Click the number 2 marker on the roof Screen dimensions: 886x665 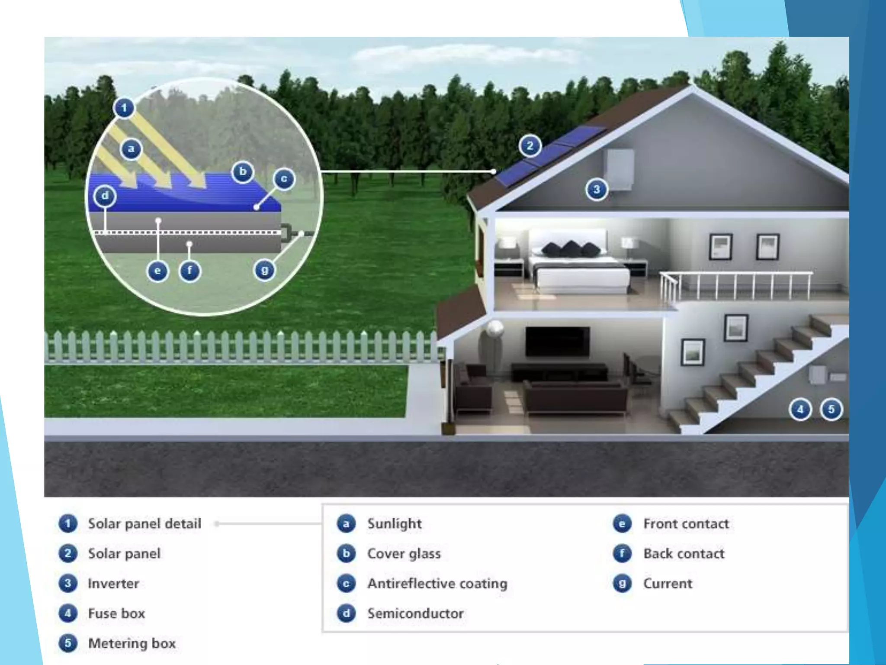coord(530,146)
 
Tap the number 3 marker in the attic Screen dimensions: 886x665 coord(597,189)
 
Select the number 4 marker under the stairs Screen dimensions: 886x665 coord(800,409)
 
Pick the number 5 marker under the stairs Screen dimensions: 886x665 coord(831,409)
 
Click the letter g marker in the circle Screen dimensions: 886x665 coord(264,271)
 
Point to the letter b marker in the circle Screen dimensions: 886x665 coord(243,172)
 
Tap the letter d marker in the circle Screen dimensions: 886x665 coord(105,196)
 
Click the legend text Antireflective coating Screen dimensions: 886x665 coord(437,583)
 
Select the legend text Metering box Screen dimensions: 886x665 coord(132,643)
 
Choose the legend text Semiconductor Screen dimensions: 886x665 coord(415,613)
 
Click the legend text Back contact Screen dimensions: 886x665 coord(684,553)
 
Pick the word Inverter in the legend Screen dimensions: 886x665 coord(113,583)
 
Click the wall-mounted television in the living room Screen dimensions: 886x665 coord(557,341)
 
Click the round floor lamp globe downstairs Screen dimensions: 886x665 coord(494,328)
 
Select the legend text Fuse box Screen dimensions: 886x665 coord(116,613)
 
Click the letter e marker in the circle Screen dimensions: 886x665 coord(157,271)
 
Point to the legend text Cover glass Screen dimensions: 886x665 coord(404,553)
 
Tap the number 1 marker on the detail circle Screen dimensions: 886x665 coord(124,107)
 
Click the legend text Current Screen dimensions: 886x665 coord(668,583)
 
